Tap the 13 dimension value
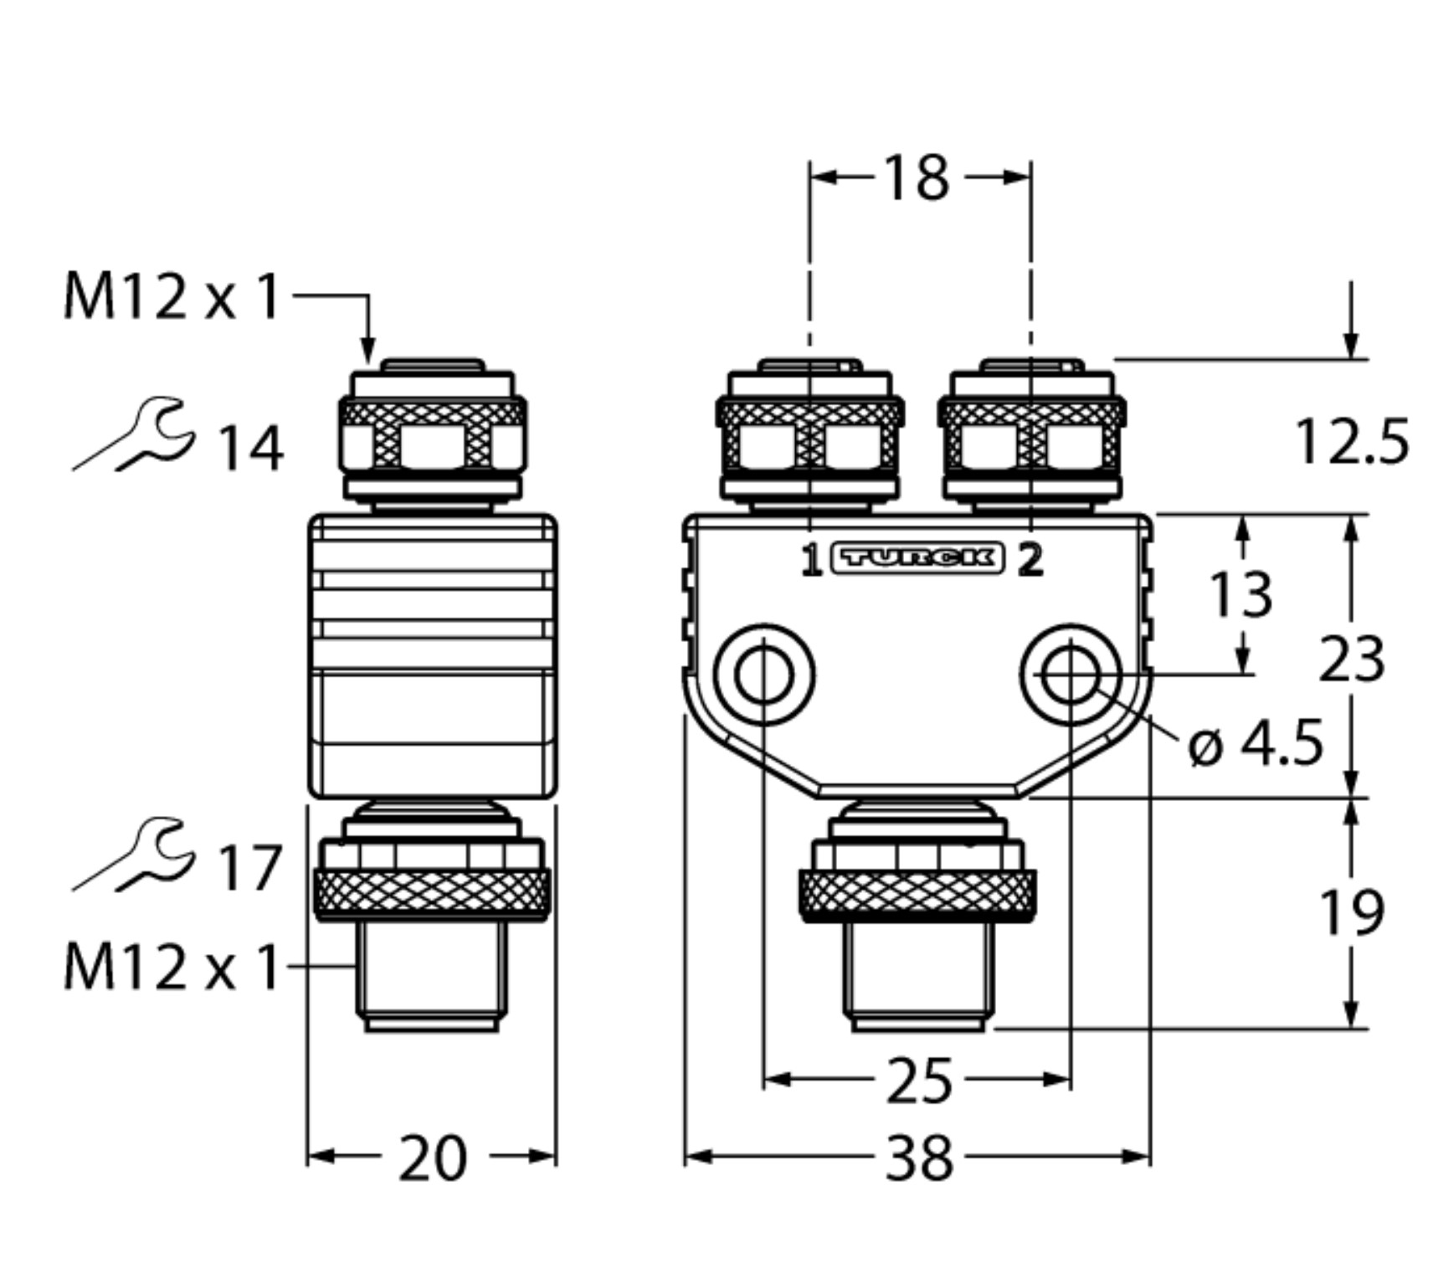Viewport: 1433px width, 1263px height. point(1241,594)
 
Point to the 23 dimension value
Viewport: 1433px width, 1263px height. point(1351,660)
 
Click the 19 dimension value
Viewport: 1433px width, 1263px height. point(1351,911)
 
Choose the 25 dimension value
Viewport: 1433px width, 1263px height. point(919,1081)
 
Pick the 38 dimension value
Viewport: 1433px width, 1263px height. point(919,1158)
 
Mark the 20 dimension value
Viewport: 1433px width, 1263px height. point(432,1158)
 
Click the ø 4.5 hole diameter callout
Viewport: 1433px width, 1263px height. point(1256,743)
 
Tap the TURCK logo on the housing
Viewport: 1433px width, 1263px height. point(918,558)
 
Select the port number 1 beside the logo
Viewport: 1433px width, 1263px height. point(810,560)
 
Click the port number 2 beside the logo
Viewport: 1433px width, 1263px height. point(1030,560)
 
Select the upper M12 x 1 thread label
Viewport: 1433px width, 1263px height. point(172,296)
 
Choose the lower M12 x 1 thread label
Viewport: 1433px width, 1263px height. point(172,968)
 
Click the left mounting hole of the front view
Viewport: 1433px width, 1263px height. point(763,675)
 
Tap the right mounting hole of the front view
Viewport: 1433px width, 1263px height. point(1071,675)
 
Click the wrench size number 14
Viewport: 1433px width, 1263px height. point(250,449)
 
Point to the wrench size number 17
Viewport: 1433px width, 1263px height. point(250,868)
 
